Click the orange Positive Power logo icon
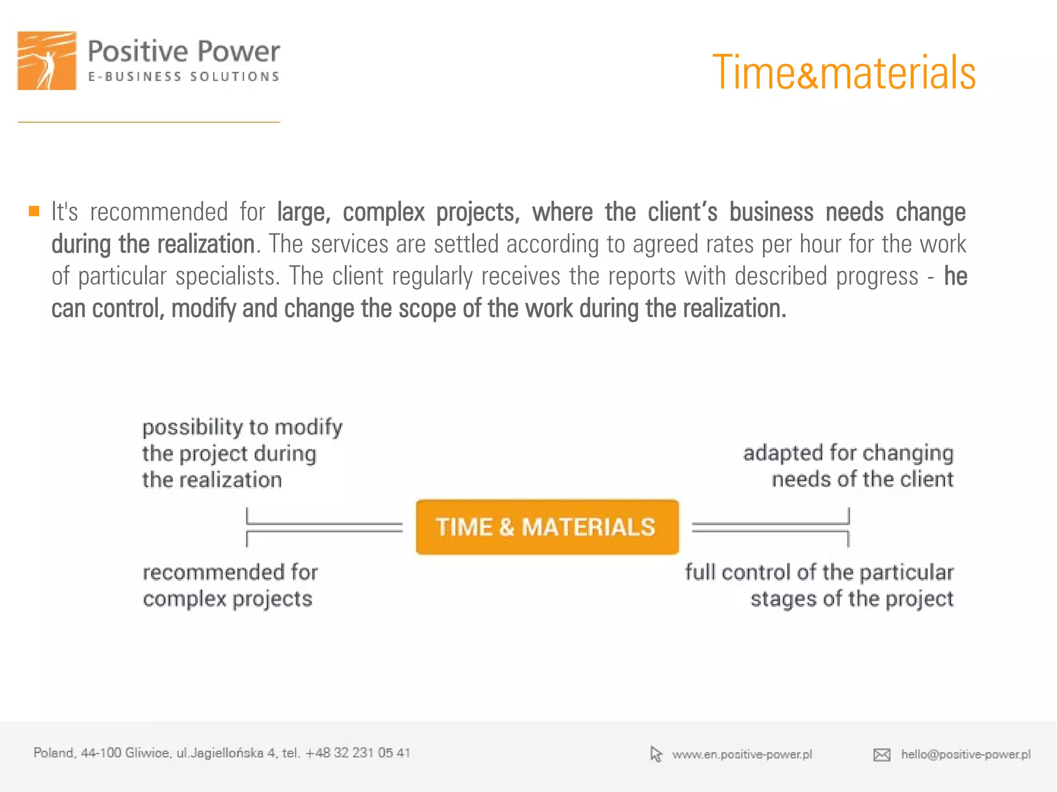click(x=47, y=61)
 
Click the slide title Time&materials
click(x=843, y=73)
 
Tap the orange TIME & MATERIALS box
click(x=547, y=527)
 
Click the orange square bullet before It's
click(x=34, y=212)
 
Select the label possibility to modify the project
click(x=242, y=453)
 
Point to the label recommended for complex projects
click(x=230, y=586)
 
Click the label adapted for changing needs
click(x=848, y=466)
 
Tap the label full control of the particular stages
click(x=819, y=586)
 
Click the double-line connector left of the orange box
click(x=324, y=527)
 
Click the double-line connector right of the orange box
click(x=770, y=527)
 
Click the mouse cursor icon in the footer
click(x=655, y=754)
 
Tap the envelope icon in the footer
click(x=882, y=755)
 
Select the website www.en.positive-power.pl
click(x=742, y=754)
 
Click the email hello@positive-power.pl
click(x=966, y=754)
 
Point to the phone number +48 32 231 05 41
click(x=358, y=753)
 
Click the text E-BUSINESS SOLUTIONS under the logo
click(x=184, y=77)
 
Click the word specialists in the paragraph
click(x=227, y=277)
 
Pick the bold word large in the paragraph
click(x=302, y=213)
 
